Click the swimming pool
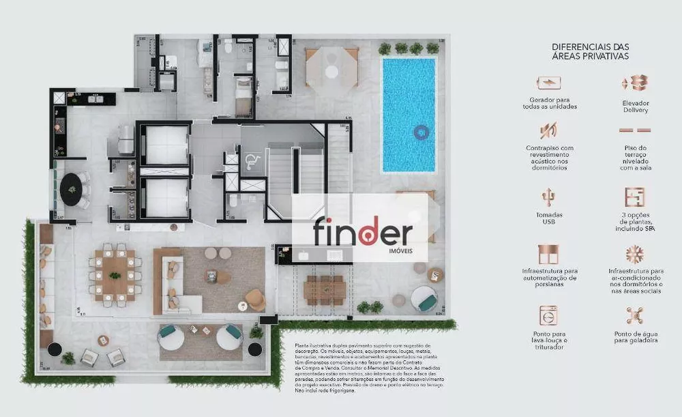(x=409, y=115)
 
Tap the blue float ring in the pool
(x=421, y=132)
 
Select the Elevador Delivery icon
(x=634, y=83)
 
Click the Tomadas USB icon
(x=548, y=198)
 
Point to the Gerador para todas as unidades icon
(x=548, y=83)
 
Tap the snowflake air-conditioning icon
(x=634, y=255)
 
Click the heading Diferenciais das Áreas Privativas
(x=591, y=51)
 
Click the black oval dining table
(x=73, y=189)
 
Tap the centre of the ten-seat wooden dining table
(x=115, y=275)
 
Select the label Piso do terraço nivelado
(x=635, y=158)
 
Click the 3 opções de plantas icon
(x=634, y=197)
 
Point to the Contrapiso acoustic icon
(x=548, y=130)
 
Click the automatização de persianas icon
(x=548, y=255)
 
